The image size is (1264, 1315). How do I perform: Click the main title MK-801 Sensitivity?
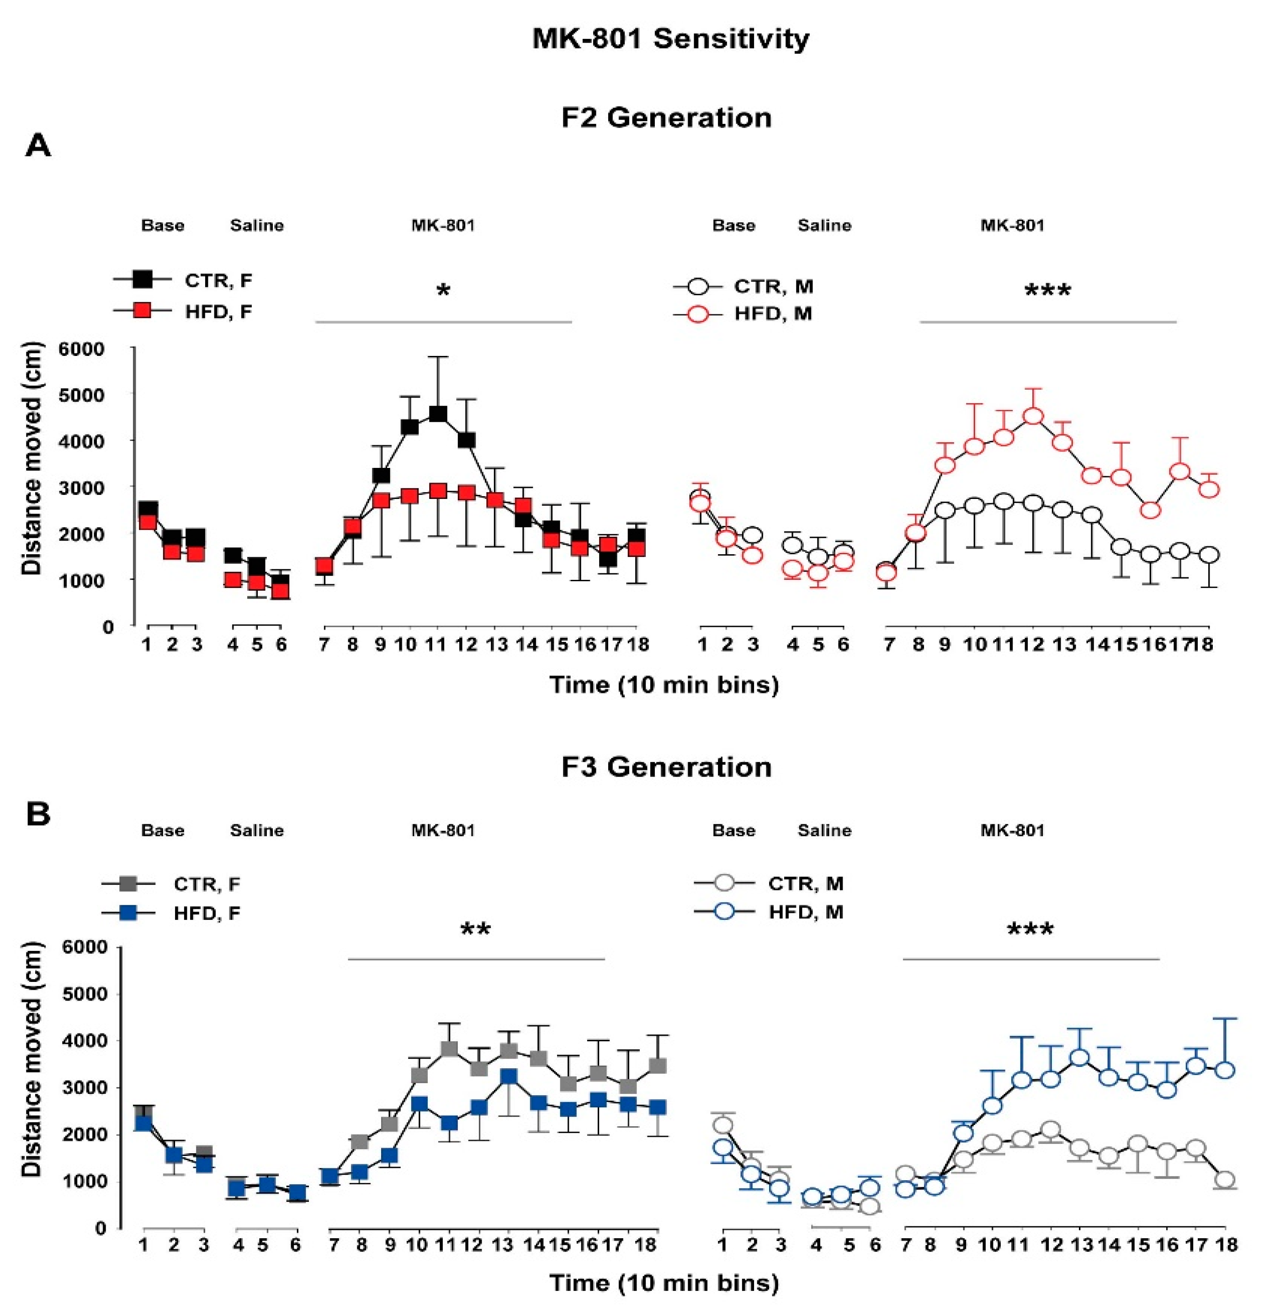[670, 38]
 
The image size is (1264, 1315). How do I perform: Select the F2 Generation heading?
[666, 117]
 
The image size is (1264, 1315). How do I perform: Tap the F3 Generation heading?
[666, 767]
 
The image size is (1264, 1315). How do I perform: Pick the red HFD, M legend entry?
[743, 313]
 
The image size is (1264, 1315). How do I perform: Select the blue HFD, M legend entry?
[769, 912]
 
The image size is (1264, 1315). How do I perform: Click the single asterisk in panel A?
[443, 291]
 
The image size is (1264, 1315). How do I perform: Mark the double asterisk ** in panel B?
[476, 929]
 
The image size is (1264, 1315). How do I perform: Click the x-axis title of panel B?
[664, 1283]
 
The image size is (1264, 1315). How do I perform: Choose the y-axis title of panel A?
[31, 459]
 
